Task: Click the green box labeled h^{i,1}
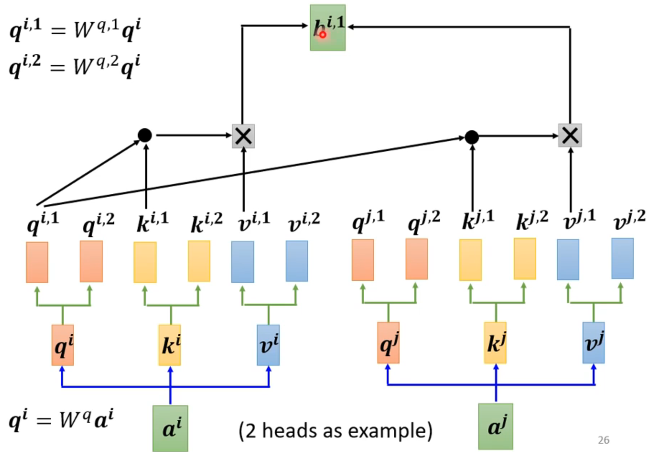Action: coord(328,28)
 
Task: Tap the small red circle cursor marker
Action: coord(323,35)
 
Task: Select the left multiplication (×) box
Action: coord(243,136)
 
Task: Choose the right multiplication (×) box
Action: coord(570,136)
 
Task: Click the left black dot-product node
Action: coord(145,135)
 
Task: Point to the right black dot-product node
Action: coord(472,137)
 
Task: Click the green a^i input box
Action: coord(170,428)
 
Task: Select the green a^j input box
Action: coord(495,426)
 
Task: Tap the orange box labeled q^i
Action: coord(63,345)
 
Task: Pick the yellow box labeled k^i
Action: coord(170,345)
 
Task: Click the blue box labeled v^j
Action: coord(593,343)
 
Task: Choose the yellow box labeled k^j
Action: coord(495,343)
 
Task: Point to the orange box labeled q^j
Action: coord(388,343)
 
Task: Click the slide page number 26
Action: coord(603,440)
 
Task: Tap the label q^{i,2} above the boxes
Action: coord(98,222)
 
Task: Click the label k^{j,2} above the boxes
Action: coord(532,220)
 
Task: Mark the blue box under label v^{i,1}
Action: coord(243,262)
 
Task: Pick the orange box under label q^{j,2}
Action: coord(416,259)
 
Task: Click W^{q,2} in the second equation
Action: coord(95,65)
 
